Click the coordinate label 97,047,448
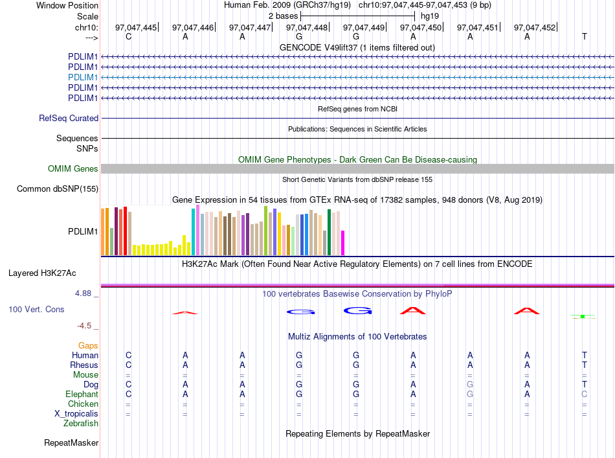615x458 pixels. (307, 27)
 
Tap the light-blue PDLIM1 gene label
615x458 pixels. (83, 77)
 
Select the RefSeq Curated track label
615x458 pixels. (69, 118)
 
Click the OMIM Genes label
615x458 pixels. (73, 169)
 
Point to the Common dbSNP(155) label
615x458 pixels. (58, 189)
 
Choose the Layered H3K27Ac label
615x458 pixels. (42, 273)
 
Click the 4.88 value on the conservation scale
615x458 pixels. (83, 293)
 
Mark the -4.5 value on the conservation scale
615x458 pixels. (84, 326)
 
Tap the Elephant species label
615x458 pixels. (82, 394)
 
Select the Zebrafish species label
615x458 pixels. (81, 424)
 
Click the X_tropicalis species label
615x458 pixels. (76, 414)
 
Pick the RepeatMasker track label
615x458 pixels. (71, 442)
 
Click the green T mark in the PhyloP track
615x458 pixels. (583, 316)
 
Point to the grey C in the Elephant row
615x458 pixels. (585, 394)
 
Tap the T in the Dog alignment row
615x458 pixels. (585, 384)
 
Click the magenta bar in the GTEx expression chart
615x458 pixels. (343, 243)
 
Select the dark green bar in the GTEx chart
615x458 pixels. (330, 233)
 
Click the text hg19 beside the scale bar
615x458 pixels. (430, 16)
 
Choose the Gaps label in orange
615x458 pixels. (88, 345)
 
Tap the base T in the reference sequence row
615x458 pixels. (585, 36)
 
